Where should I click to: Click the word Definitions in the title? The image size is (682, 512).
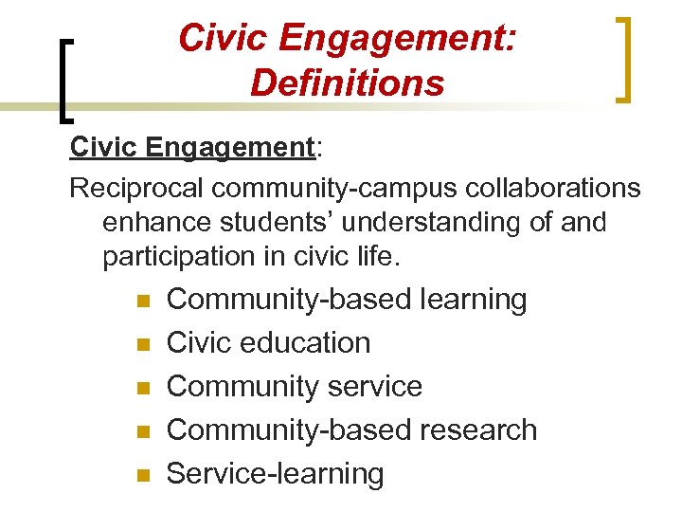[x=347, y=83]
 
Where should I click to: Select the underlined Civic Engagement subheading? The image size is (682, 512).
[x=192, y=149]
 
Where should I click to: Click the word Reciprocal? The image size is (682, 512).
[x=137, y=189]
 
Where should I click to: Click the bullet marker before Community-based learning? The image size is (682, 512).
[x=143, y=301]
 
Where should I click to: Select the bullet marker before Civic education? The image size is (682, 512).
[x=143, y=344]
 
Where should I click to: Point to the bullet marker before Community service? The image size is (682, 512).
[x=143, y=388]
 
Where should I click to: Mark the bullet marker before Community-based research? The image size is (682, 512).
[x=143, y=431]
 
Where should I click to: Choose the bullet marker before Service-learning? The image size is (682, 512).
[x=143, y=475]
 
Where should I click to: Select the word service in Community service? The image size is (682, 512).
[x=374, y=387]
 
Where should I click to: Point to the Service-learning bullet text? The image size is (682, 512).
[x=276, y=474]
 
